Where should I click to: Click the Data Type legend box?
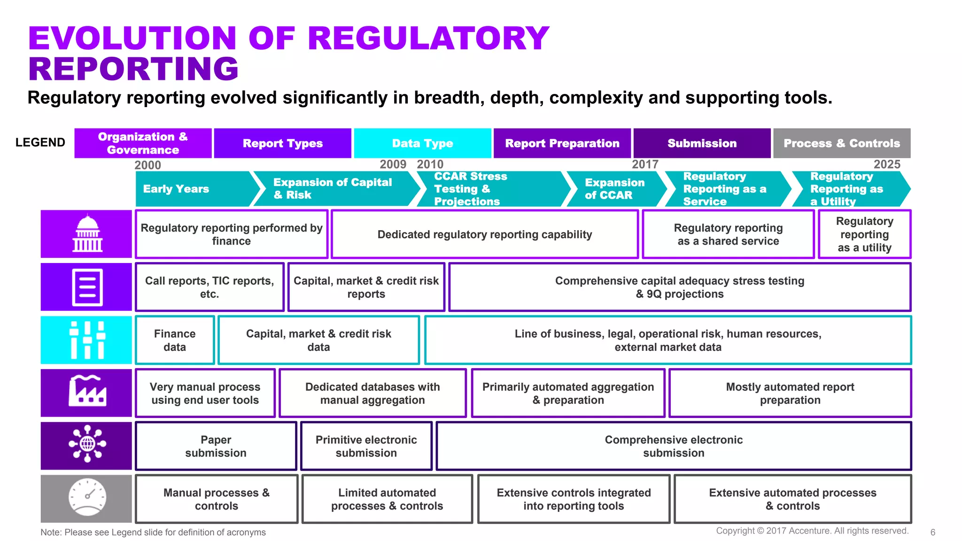422,143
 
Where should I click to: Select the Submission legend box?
702,143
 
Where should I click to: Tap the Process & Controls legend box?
841,143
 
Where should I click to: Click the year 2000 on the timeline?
147,165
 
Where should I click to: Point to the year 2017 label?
645,164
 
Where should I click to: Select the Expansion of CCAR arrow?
614,189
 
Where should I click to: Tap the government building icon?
87,234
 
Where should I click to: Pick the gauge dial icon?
87,498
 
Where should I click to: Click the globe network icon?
87,444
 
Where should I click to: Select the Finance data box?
175,340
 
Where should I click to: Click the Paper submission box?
216,446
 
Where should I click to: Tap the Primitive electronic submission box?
366,446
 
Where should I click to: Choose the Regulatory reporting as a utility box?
864,234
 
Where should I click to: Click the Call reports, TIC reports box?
209,287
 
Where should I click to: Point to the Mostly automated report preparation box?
790,394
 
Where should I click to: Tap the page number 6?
932,532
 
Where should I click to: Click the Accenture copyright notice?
812,531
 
